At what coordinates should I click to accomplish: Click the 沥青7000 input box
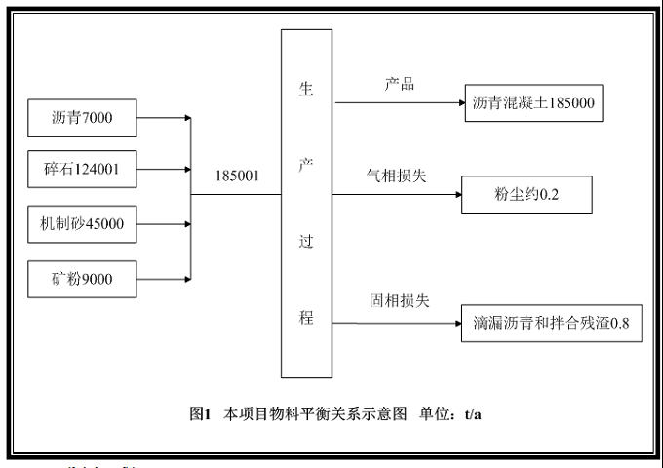82,119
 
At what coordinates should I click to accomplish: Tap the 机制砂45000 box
82,226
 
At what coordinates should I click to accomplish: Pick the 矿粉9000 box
82,280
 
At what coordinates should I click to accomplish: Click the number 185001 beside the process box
238,177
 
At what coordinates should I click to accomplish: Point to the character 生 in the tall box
305,85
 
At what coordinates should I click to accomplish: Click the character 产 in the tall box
305,160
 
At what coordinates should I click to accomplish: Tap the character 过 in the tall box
305,241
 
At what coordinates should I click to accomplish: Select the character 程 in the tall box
305,317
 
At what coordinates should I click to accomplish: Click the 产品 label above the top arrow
400,85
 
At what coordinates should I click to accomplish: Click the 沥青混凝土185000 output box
533,102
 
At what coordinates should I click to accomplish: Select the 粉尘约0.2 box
526,195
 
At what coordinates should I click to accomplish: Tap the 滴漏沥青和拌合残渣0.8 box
552,323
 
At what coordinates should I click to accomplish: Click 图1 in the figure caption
200,413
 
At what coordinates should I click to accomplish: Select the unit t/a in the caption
472,413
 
